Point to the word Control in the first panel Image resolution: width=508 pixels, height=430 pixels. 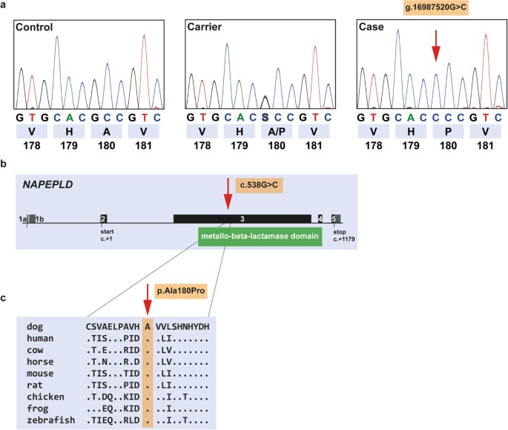(37, 27)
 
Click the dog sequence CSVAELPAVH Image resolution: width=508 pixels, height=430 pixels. (113, 326)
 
